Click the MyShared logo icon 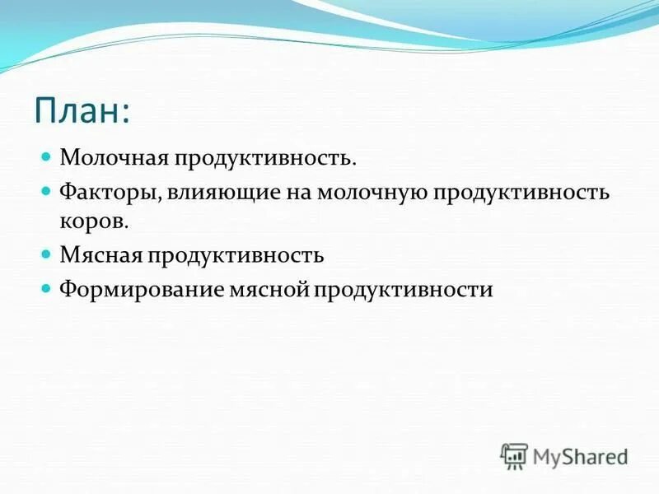514,455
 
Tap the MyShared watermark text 580,456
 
